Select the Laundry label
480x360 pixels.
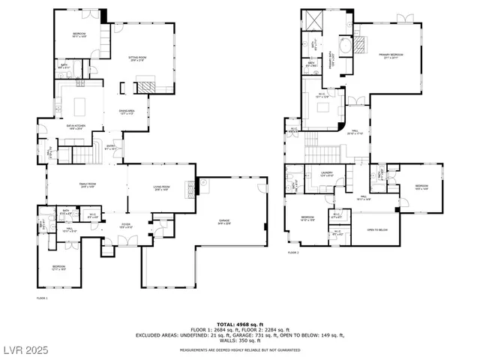tap(326, 174)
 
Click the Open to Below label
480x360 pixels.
tap(376, 230)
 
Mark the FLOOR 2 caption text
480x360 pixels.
tap(293, 253)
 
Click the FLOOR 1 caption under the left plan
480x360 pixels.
tap(42, 298)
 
